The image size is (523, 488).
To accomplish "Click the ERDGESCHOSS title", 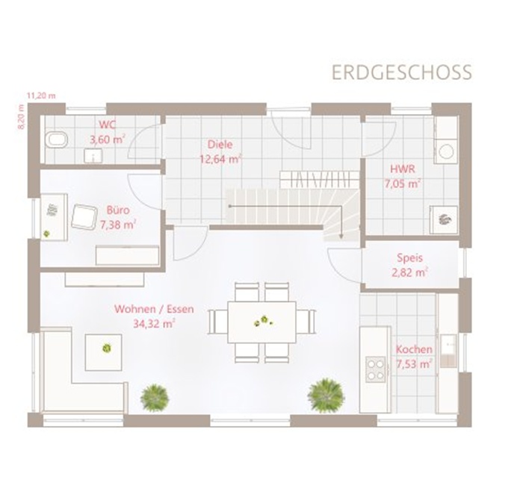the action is (x=402, y=72).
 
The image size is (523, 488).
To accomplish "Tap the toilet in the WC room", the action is (x=57, y=140).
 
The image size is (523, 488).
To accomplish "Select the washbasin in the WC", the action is (x=93, y=156).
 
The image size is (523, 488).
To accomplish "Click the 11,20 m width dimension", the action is (x=41, y=96).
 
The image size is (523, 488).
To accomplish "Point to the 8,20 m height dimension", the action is (x=21, y=117).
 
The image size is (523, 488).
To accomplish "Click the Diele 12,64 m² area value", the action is (x=220, y=160).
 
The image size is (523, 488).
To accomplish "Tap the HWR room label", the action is (x=403, y=169).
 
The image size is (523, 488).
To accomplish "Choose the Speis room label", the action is (x=410, y=258).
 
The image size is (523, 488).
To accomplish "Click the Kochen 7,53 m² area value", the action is (x=414, y=364).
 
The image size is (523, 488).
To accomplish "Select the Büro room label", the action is (x=118, y=210).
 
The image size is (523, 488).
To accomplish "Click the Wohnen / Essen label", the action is (x=154, y=309).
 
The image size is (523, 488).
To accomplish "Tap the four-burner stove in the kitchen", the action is (x=376, y=369).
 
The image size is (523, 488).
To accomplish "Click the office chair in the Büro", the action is (x=84, y=216).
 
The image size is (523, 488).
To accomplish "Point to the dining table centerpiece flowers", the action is (x=264, y=321).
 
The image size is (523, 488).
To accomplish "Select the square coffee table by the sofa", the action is (x=103, y=352).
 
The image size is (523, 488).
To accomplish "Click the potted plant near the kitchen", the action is (x=326, y=395).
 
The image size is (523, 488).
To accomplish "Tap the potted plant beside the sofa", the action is (x=155, y=398).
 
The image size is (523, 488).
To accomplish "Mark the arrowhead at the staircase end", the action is (x=341, y=237).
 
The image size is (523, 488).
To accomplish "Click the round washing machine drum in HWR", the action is (x=446, y=152).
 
